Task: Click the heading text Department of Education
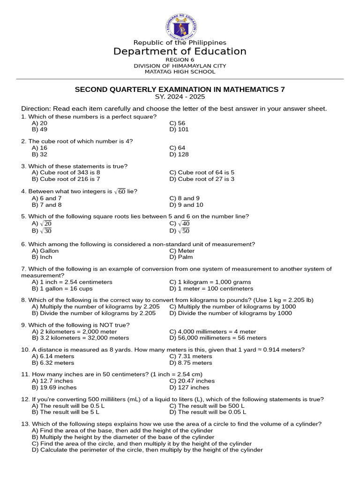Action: [x=180, y=52]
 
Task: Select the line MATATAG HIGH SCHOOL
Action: [x=180, y=72]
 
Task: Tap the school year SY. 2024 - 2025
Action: [x=180, y=97]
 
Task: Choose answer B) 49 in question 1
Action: [x=40, y=129]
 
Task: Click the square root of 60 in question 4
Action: [x=120, y=191]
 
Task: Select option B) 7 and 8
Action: [x=46, y=205]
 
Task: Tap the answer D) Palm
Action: [x=180, y=257]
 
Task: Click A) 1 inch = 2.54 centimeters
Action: [x=72, y=282]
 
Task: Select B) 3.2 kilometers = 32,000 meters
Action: [x=80, y=337]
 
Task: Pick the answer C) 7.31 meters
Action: [x=190, y=356]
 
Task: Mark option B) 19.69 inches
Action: [x=54, y=388]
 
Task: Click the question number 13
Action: [x=25, y=424]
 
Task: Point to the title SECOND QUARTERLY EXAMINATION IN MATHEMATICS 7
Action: [x=180, y=89]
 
